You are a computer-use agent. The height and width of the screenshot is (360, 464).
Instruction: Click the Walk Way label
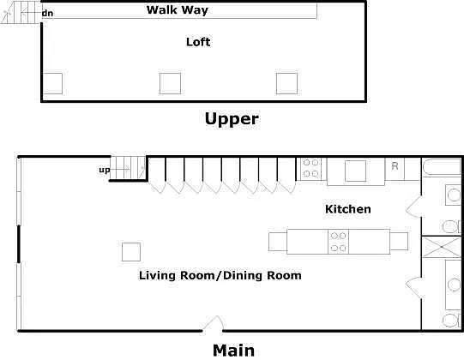(178, 9)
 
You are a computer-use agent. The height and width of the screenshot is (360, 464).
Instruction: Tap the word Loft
(198, 42)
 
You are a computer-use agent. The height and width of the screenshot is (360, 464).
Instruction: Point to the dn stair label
(47, 14)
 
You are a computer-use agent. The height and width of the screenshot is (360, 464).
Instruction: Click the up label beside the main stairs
(105, 170)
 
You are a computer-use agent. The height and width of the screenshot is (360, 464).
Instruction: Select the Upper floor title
(232, 119)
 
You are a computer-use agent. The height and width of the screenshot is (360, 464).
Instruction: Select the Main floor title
(233, 351)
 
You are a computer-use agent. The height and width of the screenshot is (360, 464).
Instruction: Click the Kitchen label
(348, 209)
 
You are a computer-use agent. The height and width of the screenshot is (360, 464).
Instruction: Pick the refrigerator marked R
(395, 168)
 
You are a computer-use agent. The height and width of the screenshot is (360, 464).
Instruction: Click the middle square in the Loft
(170, 83)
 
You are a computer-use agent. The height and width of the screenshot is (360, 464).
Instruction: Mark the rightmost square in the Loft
(286, 83)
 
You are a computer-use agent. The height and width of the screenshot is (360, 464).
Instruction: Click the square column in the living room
(131, 252)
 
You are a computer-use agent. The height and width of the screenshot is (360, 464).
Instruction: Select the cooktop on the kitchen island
(338, 242)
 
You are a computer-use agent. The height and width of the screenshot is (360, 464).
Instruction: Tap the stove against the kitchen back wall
(310, 168)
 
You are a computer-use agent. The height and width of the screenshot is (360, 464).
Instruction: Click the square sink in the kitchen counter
(355, 171)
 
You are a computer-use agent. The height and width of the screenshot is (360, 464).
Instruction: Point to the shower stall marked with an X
(442, 247)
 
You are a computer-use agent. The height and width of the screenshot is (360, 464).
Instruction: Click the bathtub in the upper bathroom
(442, 168)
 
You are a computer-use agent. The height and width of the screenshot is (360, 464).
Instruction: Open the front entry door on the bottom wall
(213, 323)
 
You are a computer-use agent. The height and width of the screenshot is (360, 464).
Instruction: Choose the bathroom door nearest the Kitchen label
(413, 207)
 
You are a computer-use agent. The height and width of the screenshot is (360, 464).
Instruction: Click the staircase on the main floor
(128, 168)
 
